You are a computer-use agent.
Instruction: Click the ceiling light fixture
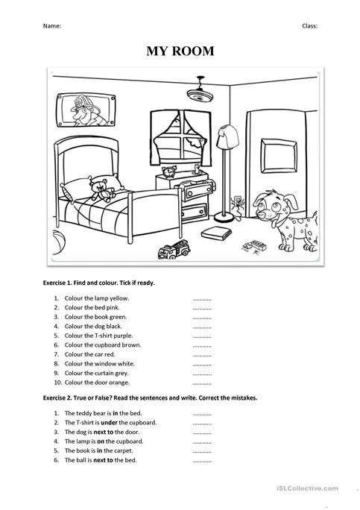pyautogui.click(x=200, y=92)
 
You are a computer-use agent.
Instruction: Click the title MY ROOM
pyautogui.click(x=180, y=51)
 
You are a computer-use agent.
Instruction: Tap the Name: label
pyautogui.click(x=52, y=25)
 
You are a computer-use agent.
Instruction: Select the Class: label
pyautogui.click(x=309, y=25)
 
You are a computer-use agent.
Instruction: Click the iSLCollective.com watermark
pyautogui.click(x=312, y=488)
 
